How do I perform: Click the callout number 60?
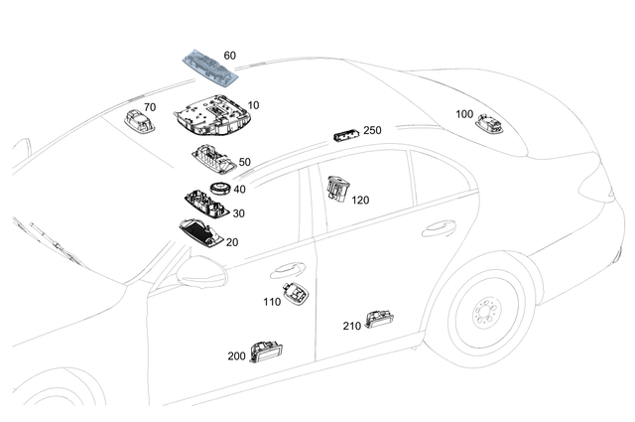click(229, 56)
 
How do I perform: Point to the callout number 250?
click(372, 130)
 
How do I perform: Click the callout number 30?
click(240, 212)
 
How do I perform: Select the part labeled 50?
click(211, 159)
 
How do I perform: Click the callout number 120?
click(360, 200)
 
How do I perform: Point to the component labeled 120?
click(337, 191)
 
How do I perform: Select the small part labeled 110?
click(295, 291)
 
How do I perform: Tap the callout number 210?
click(351, 326)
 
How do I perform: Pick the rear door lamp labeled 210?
click(379, 317)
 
